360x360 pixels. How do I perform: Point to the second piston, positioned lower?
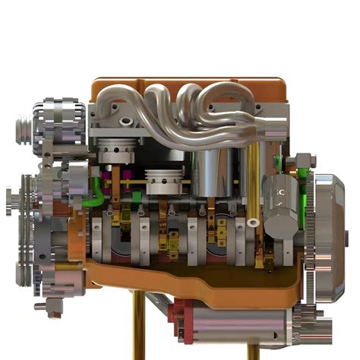pyautogui.click(x=166, y=181)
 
